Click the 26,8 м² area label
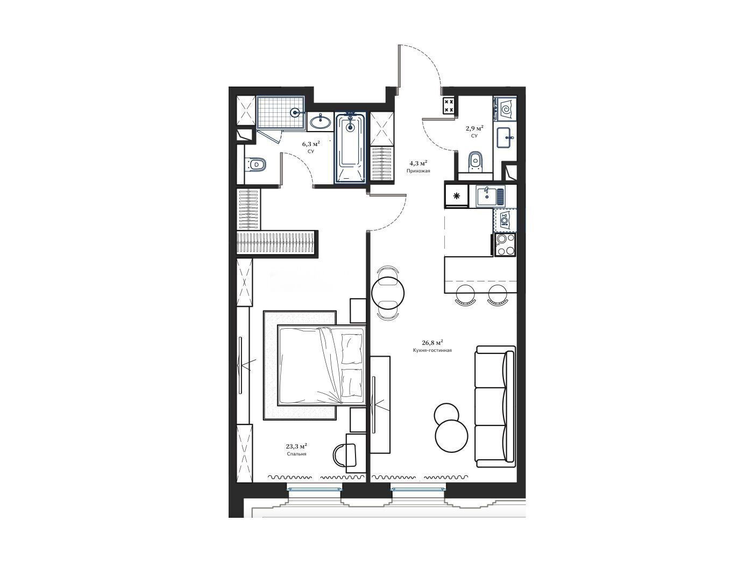point(432,342)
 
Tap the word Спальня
point(296,454)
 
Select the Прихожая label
point(418,170)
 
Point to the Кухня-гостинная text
point(432,350)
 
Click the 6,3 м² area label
point(311,143)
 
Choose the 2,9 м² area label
point(474,128)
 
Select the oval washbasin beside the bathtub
point(321,122)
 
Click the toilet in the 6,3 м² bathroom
point(255,164)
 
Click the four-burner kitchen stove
point(505,245)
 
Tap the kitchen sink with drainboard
point(490,196)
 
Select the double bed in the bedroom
point(322,365)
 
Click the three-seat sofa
point(495,406)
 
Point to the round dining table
point(388,293)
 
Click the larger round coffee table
point(451,436)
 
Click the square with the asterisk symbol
point(457,196)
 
